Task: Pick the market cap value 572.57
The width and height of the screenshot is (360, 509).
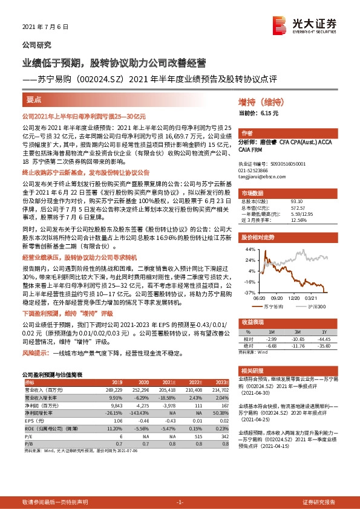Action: coord(296,207)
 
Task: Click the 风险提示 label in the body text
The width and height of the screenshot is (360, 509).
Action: coord(36,351)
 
